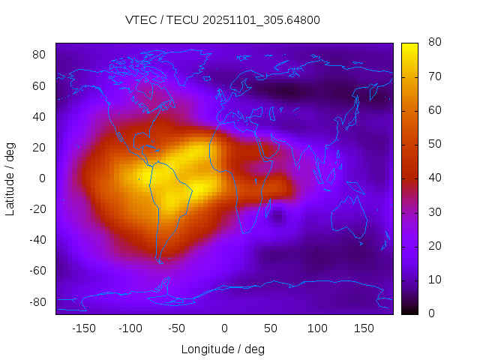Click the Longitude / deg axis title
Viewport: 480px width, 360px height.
point(223,349)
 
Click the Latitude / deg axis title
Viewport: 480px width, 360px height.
point(10,178)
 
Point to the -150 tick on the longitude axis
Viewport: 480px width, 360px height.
point(83,328)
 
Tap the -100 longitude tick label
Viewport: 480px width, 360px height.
point(130,328)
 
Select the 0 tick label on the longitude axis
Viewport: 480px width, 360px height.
point(223,328)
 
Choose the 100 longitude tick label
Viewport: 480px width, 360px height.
point(317,328)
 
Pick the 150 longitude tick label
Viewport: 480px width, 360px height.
point(364,328)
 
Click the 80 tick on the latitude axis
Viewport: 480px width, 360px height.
point(40,55)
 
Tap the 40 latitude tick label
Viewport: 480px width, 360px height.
point(40,116)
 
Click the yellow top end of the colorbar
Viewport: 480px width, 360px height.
point(409,46)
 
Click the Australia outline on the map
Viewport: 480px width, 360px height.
point(349,217)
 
